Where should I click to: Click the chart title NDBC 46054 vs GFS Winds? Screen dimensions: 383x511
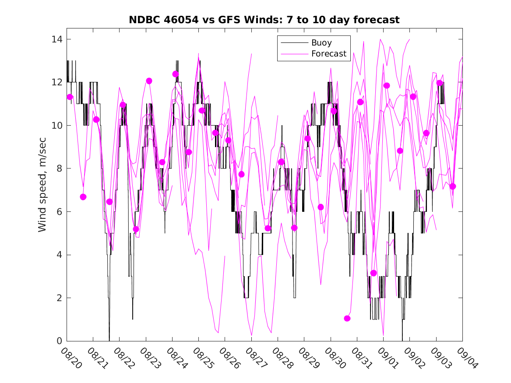tap(264, 20)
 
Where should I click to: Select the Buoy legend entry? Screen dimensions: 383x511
tap(321, 43)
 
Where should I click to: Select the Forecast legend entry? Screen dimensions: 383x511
tap(328, 54)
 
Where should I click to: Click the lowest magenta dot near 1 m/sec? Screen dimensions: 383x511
tap(347, 318)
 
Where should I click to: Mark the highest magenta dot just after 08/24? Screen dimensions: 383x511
tap(176, 74)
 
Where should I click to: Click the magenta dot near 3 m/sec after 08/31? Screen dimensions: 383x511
tap(374, 273)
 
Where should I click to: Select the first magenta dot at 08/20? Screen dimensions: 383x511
tap(70, 97)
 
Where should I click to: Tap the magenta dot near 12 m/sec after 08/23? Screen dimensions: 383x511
tap(149, 81)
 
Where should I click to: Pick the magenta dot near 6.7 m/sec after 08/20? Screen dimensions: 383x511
tap(83, 197)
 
